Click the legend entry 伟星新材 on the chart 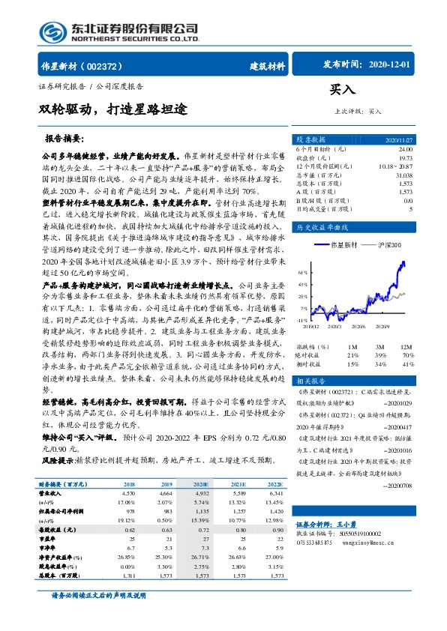[345, 245]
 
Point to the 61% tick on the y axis [303, 273]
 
